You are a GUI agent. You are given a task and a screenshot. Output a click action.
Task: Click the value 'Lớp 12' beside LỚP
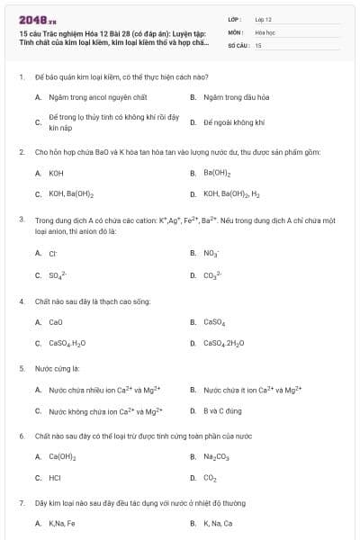click(x=263, y=18)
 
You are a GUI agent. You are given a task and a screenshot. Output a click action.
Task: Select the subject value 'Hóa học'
click(x=265, y=31)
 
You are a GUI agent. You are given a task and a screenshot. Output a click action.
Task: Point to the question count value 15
click(x=258, y=44)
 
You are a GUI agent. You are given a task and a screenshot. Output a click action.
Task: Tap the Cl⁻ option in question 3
click(x=53, y=254)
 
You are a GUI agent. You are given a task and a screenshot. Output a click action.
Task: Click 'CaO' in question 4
click(x=56, y=321)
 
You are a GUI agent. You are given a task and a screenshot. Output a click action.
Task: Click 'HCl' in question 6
click(x=55, y=478)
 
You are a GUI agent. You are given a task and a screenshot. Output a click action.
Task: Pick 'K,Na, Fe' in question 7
click(x=62, y=524)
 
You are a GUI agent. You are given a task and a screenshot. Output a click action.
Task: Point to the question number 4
click(x=21, y=301)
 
